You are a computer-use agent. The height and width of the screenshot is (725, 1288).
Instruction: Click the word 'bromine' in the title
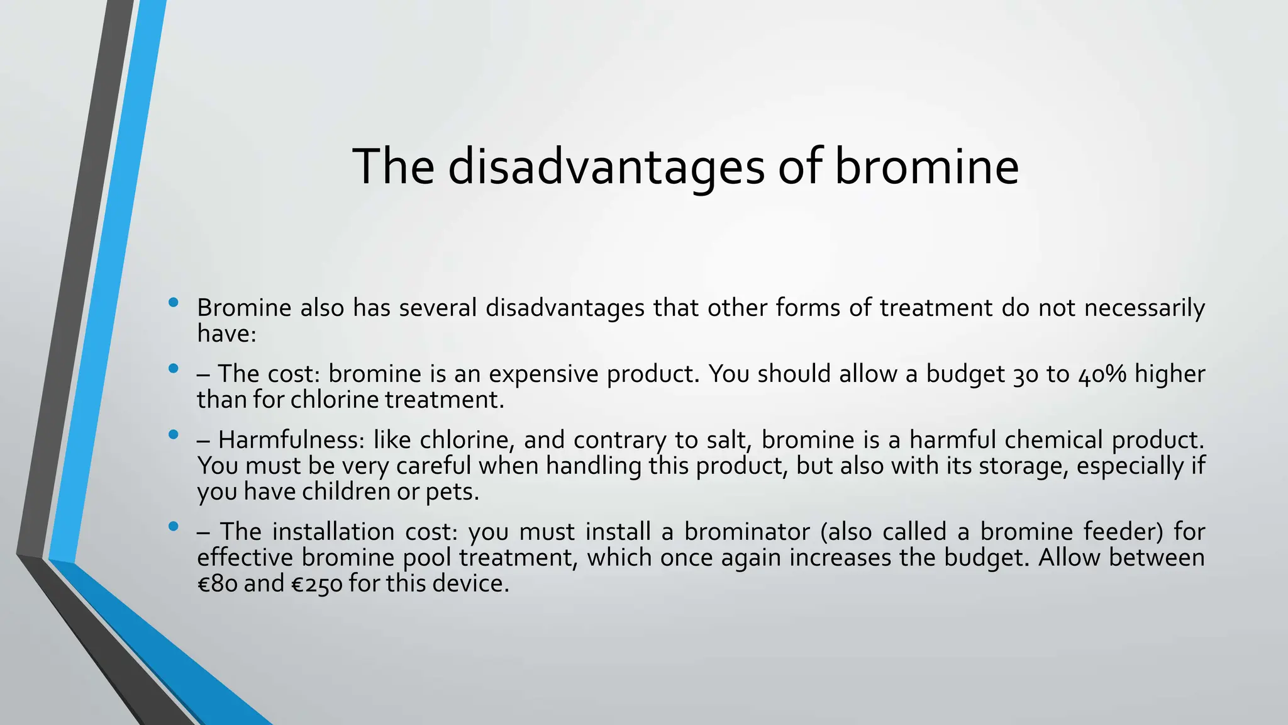pos(926,167)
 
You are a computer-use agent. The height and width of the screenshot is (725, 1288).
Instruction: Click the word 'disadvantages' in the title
pos(606,167)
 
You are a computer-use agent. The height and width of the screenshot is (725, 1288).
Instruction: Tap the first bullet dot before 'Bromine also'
pos(174,303)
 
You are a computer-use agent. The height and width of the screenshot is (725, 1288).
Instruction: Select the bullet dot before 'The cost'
pos(174,369)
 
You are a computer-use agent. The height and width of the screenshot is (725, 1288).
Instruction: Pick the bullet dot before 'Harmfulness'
pos(174,435)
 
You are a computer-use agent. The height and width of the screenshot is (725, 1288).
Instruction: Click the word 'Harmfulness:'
pos(291,440)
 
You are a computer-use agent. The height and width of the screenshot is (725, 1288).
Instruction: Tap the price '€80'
pos(217,583)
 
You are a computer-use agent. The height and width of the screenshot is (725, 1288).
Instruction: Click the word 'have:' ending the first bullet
pos(227,334)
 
